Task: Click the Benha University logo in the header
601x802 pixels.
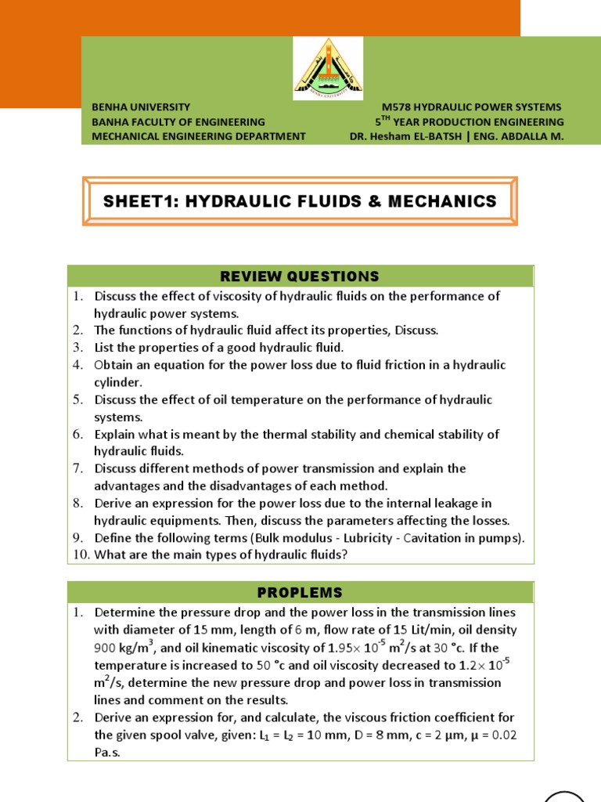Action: tap(328, 69)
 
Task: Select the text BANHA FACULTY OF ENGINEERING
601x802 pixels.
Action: tap(178, 121)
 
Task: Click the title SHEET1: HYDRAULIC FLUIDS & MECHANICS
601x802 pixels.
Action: tap(300, 201)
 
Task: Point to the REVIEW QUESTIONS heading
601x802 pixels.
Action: tap(300, 276)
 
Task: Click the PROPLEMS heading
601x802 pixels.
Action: tap(300, 593)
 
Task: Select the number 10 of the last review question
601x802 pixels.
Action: tap(81, 555)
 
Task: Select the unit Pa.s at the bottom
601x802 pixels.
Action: tap(109, 752)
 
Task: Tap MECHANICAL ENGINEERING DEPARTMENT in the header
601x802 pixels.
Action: tap(199, 135)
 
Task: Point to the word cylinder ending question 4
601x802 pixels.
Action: tap(118, 382)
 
